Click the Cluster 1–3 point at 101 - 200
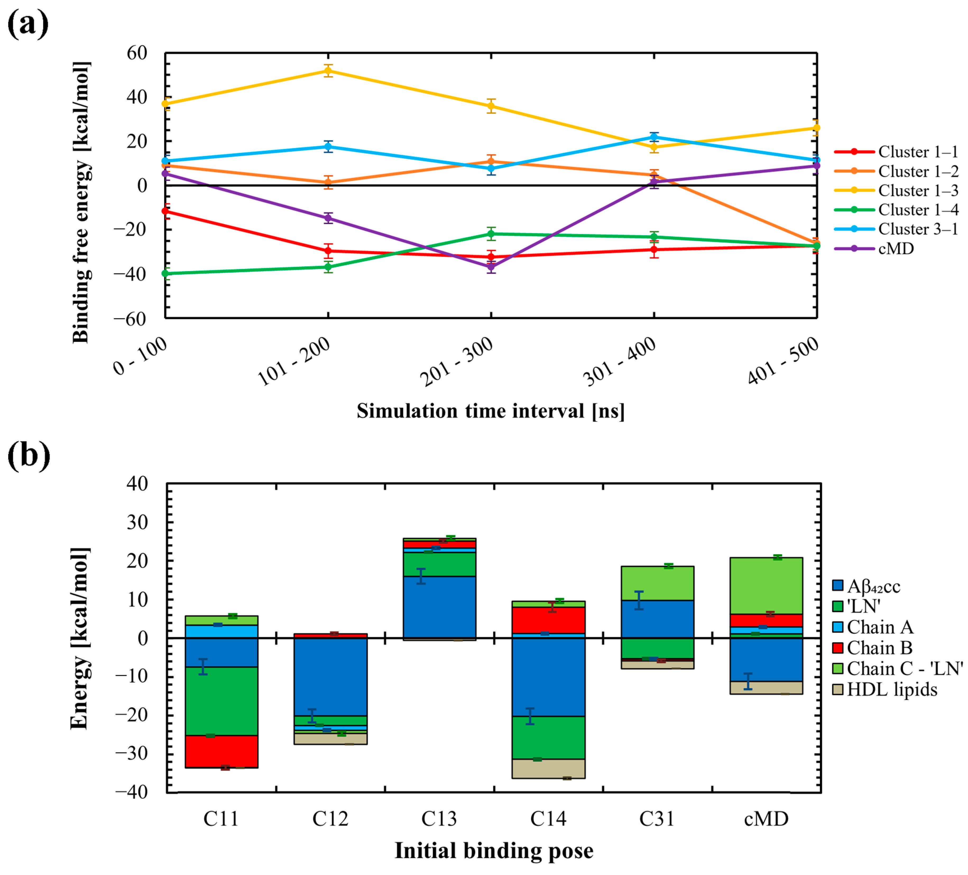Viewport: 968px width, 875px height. click(328, 71)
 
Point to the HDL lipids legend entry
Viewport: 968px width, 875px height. click(892, 690)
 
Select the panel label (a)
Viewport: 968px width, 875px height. click(28, 24)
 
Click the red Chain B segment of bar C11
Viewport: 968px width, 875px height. click(221, 752)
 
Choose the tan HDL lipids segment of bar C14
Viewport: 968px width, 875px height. click(548, 769)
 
